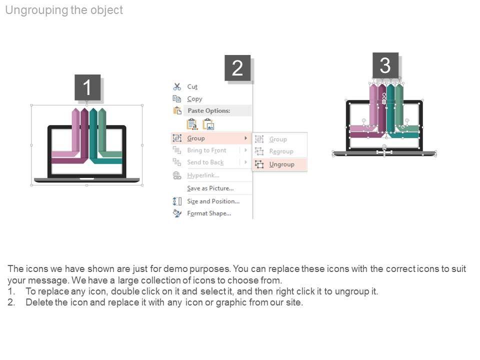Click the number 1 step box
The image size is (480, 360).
point(87,87)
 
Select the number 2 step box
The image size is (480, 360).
point(237,68)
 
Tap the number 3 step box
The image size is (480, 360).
point(385,65)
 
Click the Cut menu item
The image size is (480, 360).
point(192,87)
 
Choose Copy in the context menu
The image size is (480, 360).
point(194,99)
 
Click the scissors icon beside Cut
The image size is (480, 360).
point(177,87)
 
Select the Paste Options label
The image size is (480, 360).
point(209,110)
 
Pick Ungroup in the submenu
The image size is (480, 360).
point(281,164)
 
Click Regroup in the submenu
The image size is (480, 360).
point(281,151)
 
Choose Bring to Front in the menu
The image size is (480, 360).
point(206,150)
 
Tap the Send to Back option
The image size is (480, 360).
point(205,162)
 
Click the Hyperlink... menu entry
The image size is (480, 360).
point(203,175)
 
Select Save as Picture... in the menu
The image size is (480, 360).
point(210,188)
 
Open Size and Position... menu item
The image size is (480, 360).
point(213,201)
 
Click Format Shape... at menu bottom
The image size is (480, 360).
point(209,213)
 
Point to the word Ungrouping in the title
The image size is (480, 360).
point(36,10)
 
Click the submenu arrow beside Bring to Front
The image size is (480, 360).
point(245,150)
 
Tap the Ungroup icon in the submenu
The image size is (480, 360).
point(259,164)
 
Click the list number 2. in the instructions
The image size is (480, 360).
point(11,302)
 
